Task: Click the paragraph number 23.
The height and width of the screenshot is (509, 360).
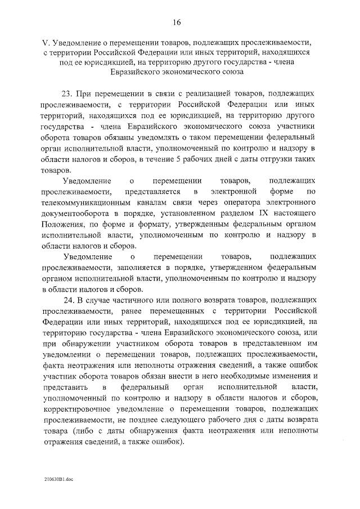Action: click(x=73, y=93)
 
